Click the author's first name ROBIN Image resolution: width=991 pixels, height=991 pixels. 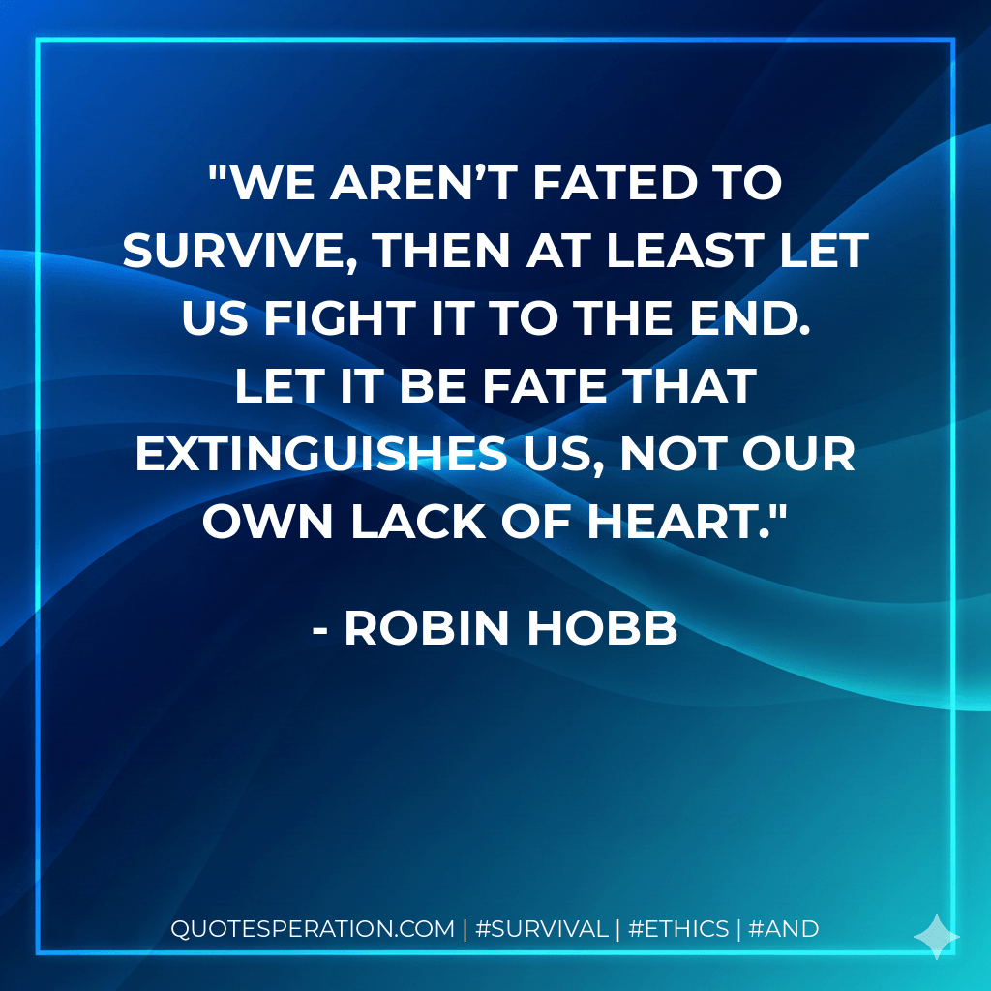[x=429, y=629]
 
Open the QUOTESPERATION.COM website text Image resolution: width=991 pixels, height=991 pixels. [x=313, y=929]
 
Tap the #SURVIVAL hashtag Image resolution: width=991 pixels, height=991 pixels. [x=542, y=929]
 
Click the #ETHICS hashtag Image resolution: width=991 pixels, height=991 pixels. [x=678, y=929]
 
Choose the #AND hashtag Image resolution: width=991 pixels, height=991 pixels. [x=785, y=929]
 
